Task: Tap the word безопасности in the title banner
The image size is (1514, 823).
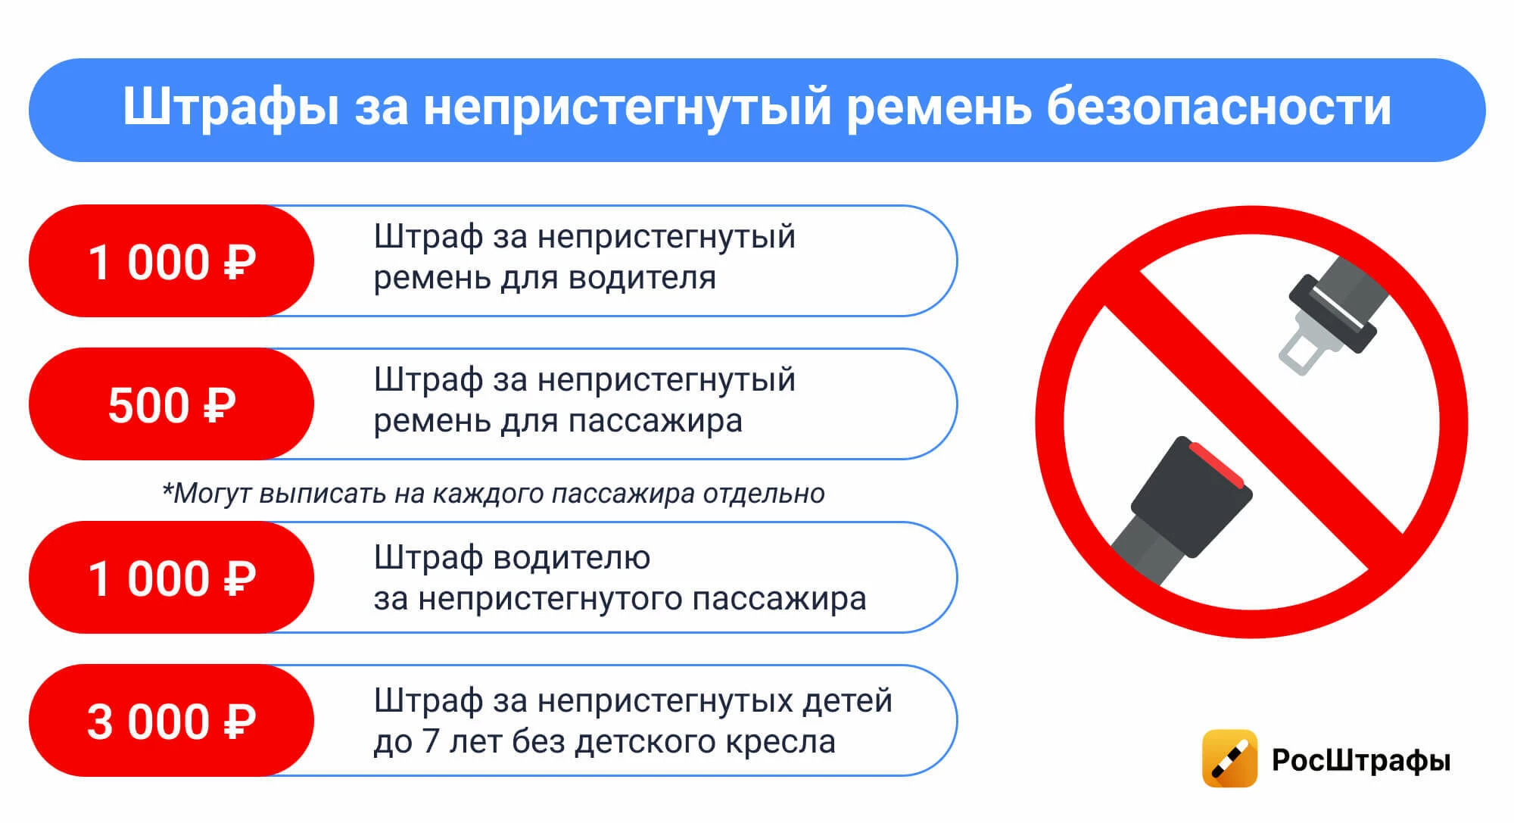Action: [1219, 107]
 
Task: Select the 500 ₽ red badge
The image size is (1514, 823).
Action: [171, 404]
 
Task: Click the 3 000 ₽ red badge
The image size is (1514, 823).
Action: [171, 720]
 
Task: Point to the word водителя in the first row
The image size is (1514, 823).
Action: [642, 278]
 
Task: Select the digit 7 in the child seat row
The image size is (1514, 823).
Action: [431, 741]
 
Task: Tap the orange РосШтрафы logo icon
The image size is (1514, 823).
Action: [1230, 759]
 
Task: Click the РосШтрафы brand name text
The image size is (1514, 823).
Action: [1361, 760]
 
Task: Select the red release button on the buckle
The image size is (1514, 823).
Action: [1216, 465]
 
